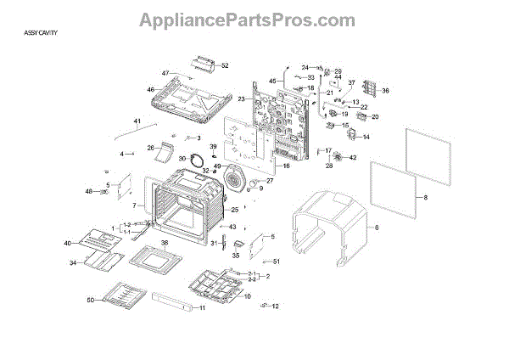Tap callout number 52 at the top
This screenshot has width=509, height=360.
[225, 65]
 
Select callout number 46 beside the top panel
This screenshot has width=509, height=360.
[150, 89]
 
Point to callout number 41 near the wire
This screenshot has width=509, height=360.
[137, 122]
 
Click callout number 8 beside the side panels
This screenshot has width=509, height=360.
[426, 198]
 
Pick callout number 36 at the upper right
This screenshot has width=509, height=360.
[385, 91]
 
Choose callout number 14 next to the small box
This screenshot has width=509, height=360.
[366, 137]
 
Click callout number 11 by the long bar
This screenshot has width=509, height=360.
[202, 307]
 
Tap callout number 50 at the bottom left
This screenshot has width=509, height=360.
[90, 301]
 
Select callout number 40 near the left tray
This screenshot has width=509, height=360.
[68, 244]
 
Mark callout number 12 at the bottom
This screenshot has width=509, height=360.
[275, 307]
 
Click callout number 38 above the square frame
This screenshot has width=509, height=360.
[165, 242]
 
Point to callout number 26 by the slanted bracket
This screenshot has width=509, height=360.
[151, 148]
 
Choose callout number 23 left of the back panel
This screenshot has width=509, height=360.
[242, 100]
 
